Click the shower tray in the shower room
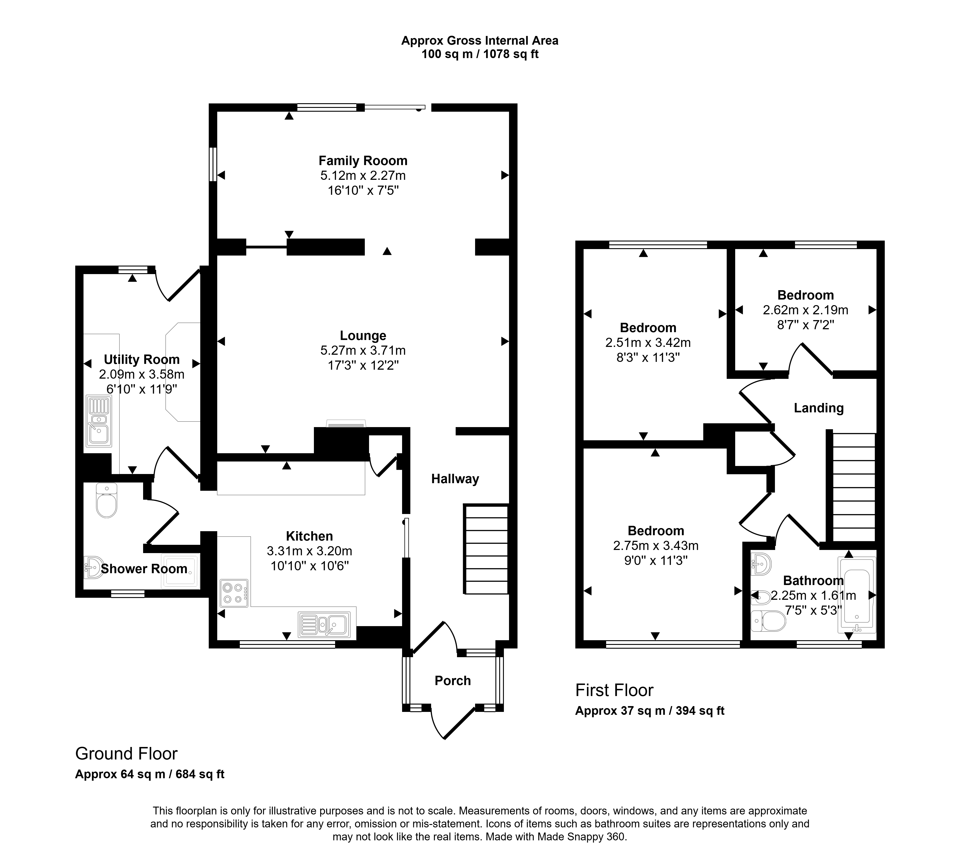(x=180, y=571)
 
